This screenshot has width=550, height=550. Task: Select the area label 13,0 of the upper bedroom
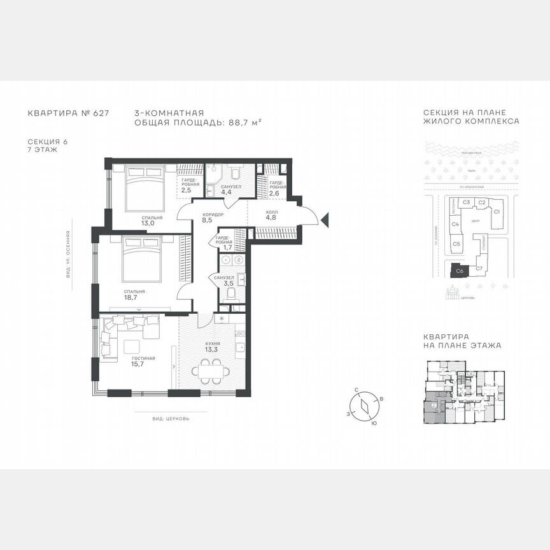coord(148,223)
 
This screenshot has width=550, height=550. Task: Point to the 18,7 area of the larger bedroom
coord(131,297)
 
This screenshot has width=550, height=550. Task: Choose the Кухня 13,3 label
coord(212,346)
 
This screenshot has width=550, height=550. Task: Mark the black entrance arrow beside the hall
coord(325,221)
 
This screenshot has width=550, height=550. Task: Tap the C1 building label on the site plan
coord(498,211)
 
